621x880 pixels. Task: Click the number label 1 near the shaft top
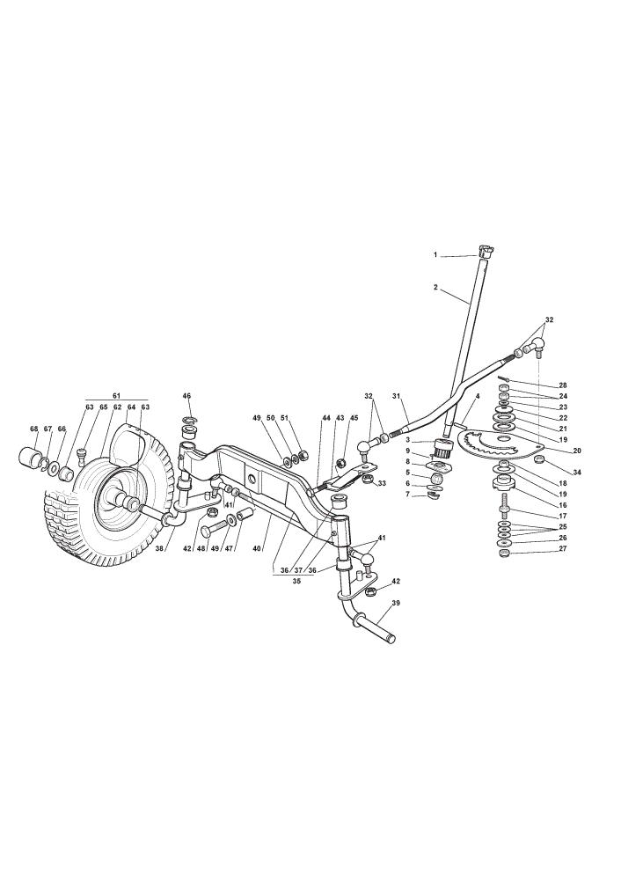[x=435, y=255]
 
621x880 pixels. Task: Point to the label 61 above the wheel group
[x=116, y=396]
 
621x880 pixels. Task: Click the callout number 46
[x=186, y=396]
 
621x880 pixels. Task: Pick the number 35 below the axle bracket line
[x=296, y=581]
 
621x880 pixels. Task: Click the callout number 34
[x=577, y=472]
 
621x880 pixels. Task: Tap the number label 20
[x=577, y=450]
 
